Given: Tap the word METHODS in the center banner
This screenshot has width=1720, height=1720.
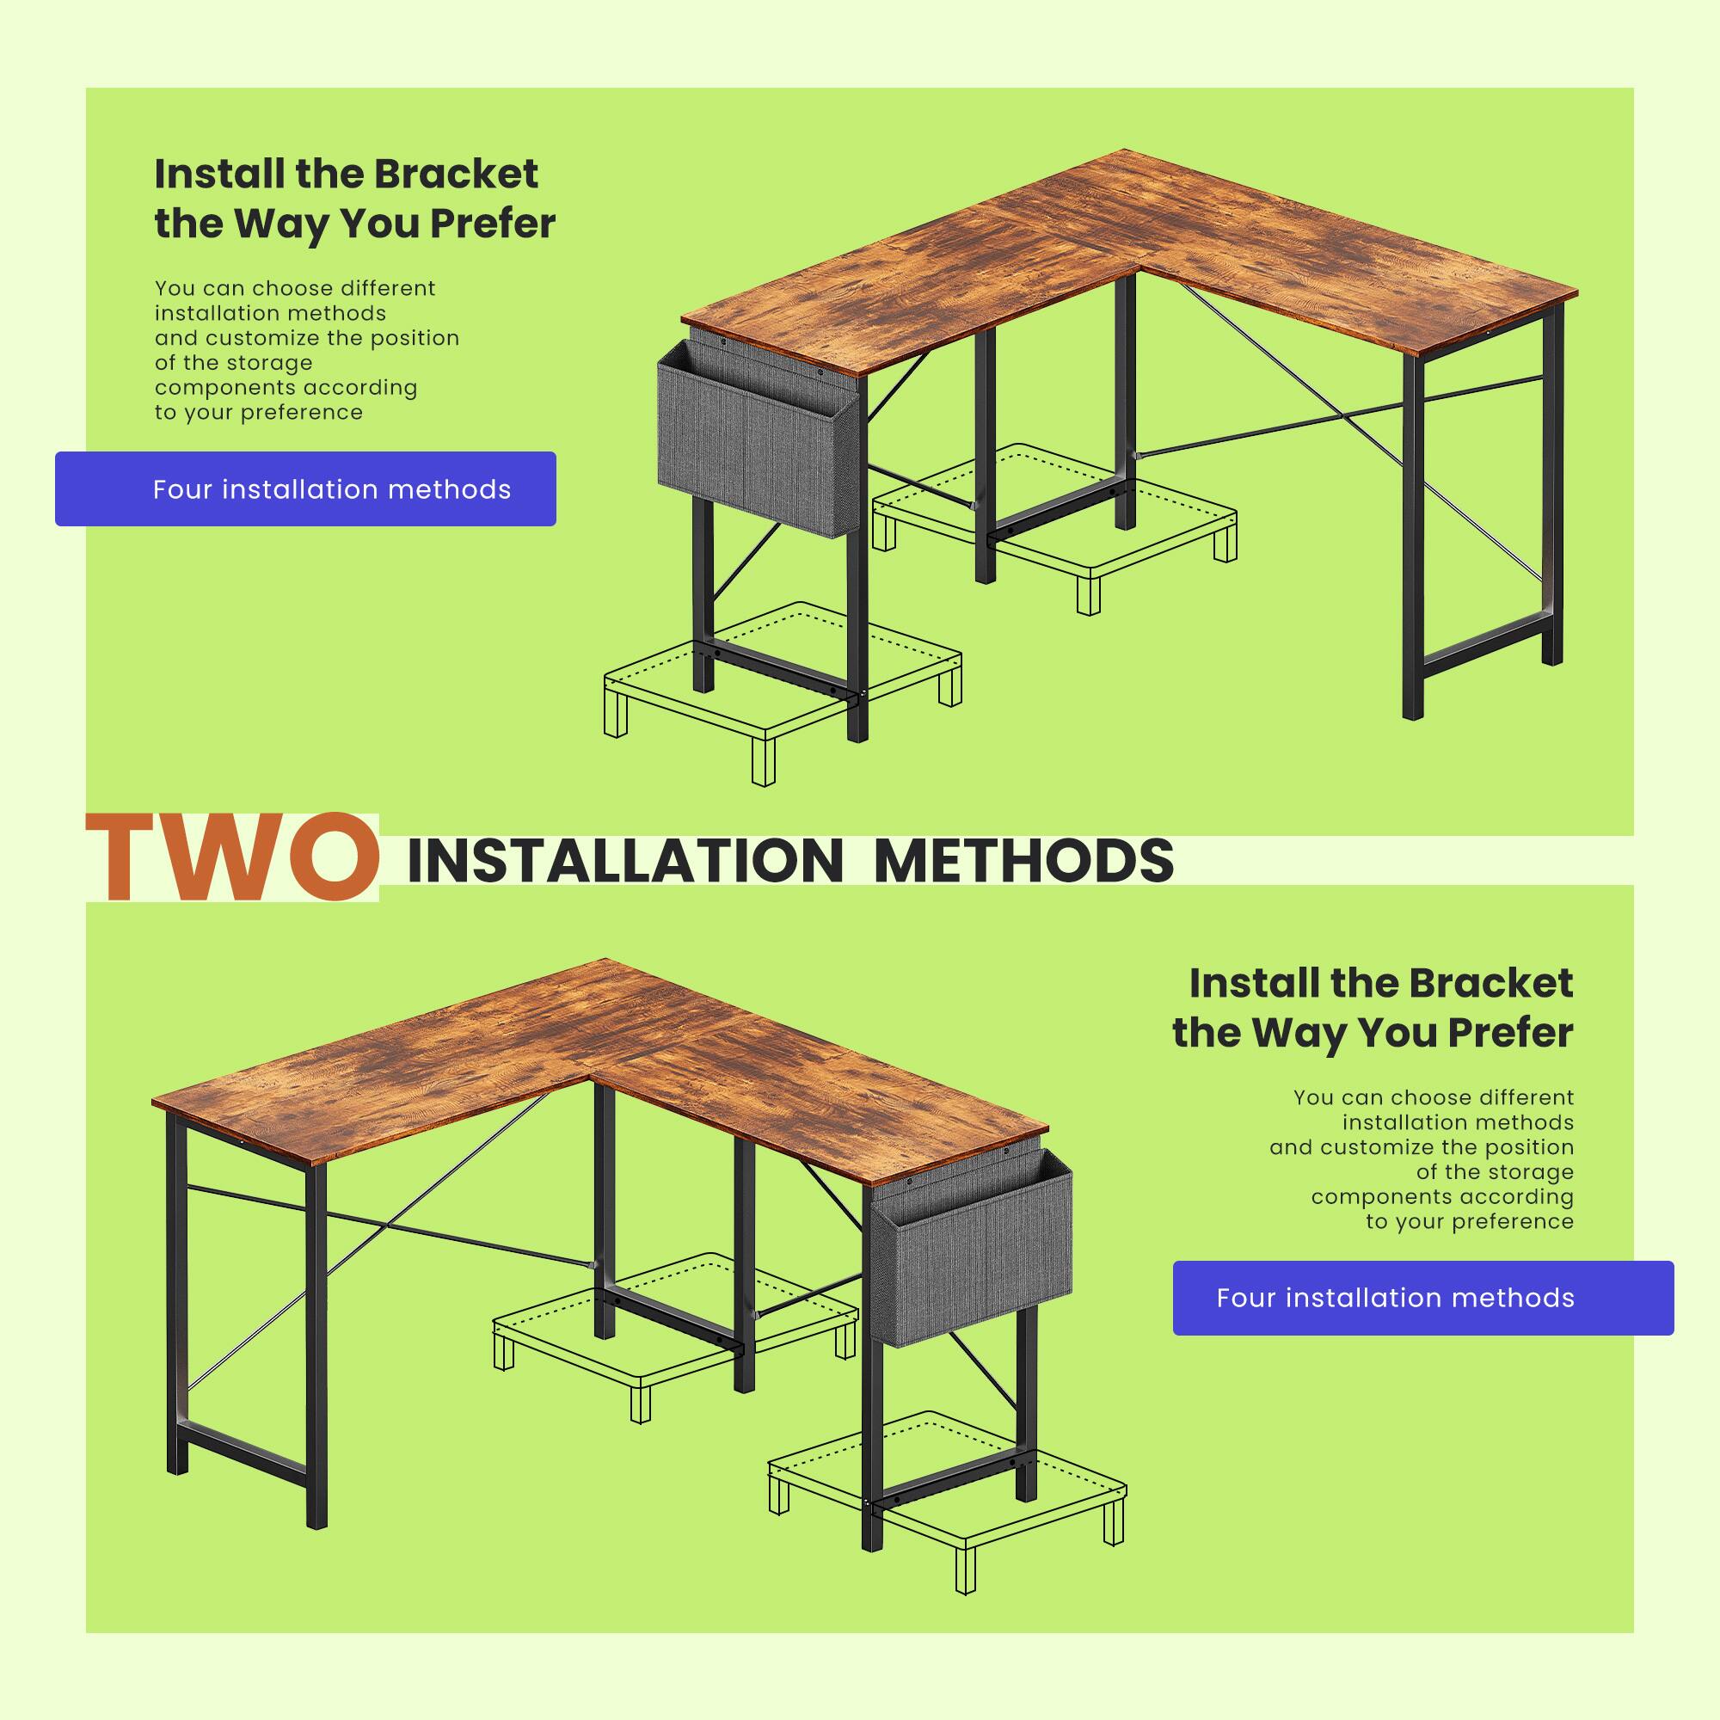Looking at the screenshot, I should click(x=1023, y=860).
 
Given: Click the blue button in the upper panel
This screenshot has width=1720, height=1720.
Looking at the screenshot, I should click(x=305, y=488).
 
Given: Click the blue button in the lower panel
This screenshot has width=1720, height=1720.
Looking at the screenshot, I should click(x=1422, y=1297).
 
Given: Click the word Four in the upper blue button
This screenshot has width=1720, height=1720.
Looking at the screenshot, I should click(x=181, y=489).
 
